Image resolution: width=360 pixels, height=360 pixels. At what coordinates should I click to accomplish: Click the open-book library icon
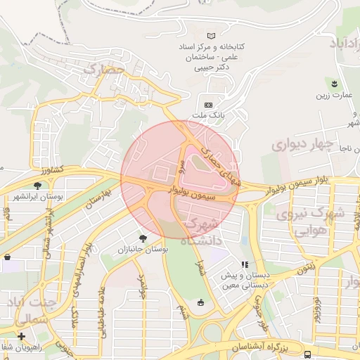click(x=212, y=35)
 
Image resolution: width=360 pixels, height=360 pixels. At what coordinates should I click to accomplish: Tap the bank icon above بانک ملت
click(x=208, y=104)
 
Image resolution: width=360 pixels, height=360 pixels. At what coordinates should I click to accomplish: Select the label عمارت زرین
click(x=333, y=94)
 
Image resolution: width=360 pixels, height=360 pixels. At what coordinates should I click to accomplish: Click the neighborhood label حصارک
click(x=103, y=69)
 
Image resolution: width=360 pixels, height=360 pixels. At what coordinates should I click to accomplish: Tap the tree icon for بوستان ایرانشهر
click(x=37, y=186)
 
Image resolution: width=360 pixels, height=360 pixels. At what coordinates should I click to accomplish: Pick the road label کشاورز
click(x=53, y=169)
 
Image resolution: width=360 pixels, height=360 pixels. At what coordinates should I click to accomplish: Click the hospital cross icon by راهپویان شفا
click(x=22, y=336)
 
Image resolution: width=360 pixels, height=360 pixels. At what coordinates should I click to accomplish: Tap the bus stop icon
click(x=309, y=354)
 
